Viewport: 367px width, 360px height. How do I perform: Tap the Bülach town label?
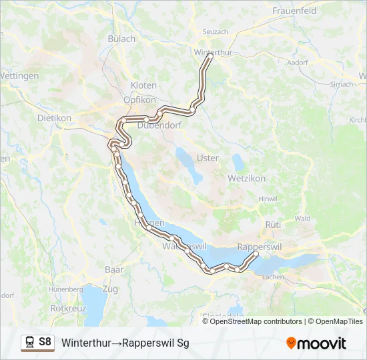point(121,39)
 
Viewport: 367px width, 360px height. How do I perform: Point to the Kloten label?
point(143,86)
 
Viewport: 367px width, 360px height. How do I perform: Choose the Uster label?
point(208,158)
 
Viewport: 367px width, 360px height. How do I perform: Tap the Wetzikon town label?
point(247,179)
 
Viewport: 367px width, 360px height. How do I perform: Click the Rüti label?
point(274,225)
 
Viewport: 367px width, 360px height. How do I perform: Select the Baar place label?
point(114,269)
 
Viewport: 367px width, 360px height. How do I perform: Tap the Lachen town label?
point(274,277)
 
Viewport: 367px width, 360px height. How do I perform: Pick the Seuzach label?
point(215,31)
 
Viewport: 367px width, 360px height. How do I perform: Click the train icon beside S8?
point(29,342)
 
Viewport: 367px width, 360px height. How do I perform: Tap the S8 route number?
point(45,342)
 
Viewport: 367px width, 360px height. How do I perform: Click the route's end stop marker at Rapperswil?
point(256,253)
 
